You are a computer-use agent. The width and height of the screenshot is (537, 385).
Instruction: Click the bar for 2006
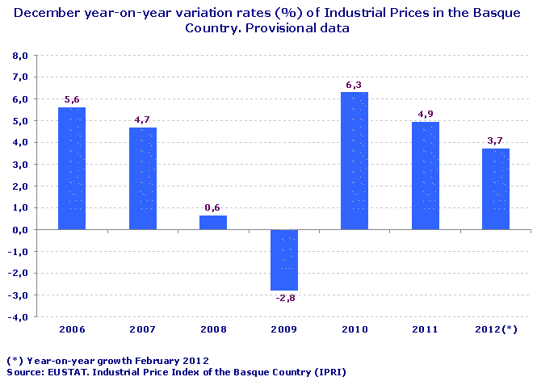(x=72, y=168)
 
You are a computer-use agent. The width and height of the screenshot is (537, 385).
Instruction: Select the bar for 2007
(x=143, y=178)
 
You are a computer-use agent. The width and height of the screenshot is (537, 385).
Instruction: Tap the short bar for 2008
(x=213, y=223)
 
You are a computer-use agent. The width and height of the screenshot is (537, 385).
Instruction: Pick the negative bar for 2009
(x=283, y=260)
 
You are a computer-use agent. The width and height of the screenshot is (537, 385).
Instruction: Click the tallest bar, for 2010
(x=355, y=161)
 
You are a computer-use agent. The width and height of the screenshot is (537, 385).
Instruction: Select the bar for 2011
(x=426, y=176)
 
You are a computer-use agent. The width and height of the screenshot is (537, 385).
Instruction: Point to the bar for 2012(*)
(x=496, y=189)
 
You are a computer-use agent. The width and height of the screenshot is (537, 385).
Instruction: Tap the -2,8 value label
(x=283, y=299)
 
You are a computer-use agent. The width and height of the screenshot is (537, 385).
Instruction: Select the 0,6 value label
(x=213, y=207)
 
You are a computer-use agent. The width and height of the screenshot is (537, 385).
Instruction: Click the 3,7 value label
(x=496, y=140)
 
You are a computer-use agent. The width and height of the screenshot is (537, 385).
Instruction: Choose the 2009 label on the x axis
(x=283, y=329)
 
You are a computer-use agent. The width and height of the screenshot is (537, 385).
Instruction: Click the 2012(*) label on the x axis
(x=496, y=329)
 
